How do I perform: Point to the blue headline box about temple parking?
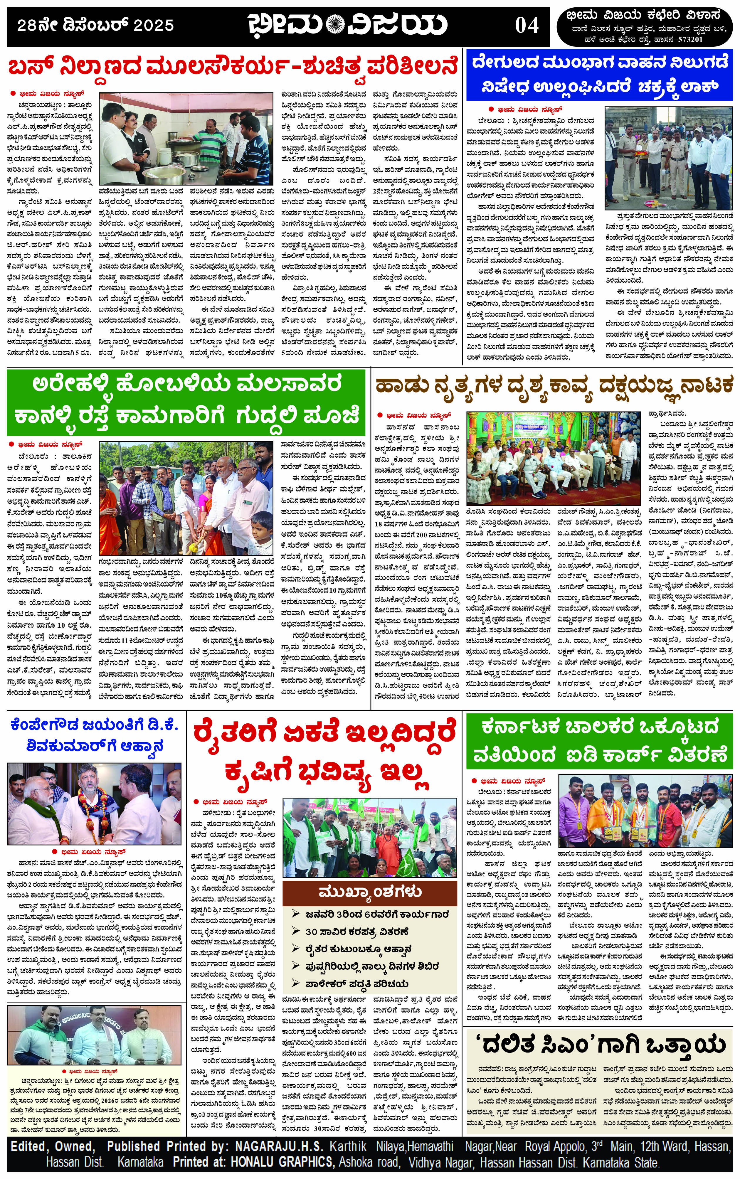click(600, 75)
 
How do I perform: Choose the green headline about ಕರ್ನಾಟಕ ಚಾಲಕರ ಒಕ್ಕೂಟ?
click(600, 741)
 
